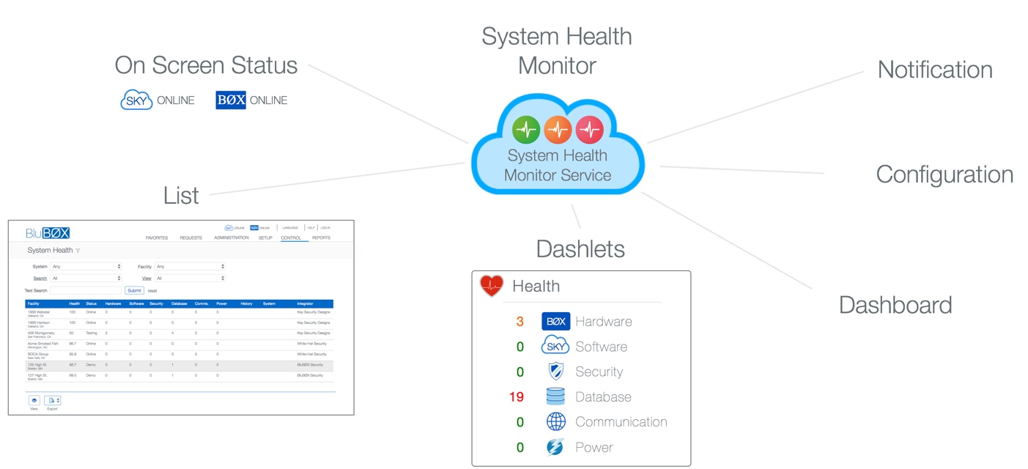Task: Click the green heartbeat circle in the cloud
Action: (526, 130)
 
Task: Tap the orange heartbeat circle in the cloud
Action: (558, 130)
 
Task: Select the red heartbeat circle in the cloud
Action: (589, 130)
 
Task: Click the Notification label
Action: (935, 70)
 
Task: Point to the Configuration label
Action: (944, 174)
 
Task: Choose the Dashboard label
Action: (895, 305)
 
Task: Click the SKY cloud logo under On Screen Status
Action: (136, 100)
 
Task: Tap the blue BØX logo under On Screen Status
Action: (231, 100)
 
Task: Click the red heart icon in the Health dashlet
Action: (492, 286)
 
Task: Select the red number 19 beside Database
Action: (517, 397)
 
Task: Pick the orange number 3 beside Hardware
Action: (519, 322)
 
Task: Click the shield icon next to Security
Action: (555, 372)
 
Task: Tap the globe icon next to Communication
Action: (555, 422)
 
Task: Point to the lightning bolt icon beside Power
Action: (555, 447)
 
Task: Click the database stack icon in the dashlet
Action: (555, 397)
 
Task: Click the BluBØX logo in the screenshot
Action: (48, 233)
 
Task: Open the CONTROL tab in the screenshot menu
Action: (291, 238)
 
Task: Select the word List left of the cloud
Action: (181, 196)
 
